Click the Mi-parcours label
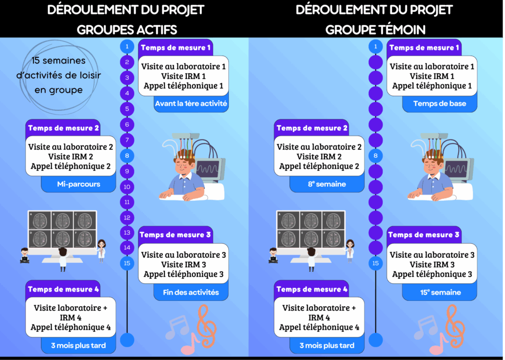point(78,184)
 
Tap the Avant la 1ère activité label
point(191,104)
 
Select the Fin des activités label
point(191,292)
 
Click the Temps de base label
point(439,104)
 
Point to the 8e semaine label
point(326,184)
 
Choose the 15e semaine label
point(441,292)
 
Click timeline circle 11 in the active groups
point(127,202)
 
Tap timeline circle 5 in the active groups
point(127,109)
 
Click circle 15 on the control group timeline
point(376,263)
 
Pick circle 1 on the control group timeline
point(376,47)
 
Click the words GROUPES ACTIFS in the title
point(127,30)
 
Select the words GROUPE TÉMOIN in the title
point(375,30)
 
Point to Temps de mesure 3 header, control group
point(424,235)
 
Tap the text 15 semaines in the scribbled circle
point(57,61)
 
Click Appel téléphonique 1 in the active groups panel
point(183,86)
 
